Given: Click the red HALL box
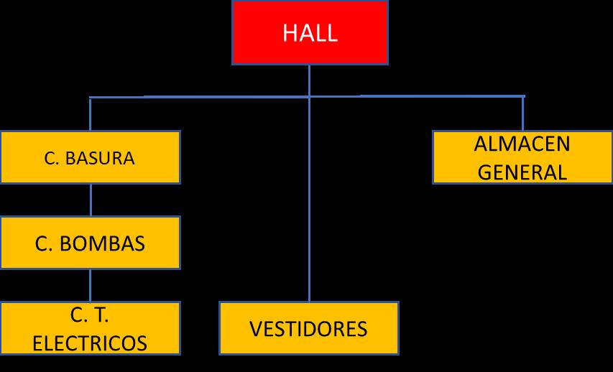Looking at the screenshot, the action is point(310,32).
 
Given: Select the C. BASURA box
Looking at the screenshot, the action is point(90,157).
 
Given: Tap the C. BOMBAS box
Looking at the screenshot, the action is point(90,243).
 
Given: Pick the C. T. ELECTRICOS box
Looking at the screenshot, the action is point(90,328).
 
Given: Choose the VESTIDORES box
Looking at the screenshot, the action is point(308,328).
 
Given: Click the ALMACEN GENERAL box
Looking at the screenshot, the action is point(522,157).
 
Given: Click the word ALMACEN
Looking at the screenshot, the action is point(522,144).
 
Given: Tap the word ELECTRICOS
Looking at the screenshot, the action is point(90,343).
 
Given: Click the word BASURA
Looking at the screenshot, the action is point(99,158).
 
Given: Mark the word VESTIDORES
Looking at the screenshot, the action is point(308,329).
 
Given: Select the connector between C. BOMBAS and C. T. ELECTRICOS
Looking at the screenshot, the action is point(90,285).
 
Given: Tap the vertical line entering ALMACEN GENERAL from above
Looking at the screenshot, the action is point(522,113).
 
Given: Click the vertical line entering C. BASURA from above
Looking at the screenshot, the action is point(90,114).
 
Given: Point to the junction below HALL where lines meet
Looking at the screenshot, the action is point(310,96).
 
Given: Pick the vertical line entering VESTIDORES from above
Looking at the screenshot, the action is point(310,215).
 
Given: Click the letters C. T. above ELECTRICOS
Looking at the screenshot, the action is point(90,315).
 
